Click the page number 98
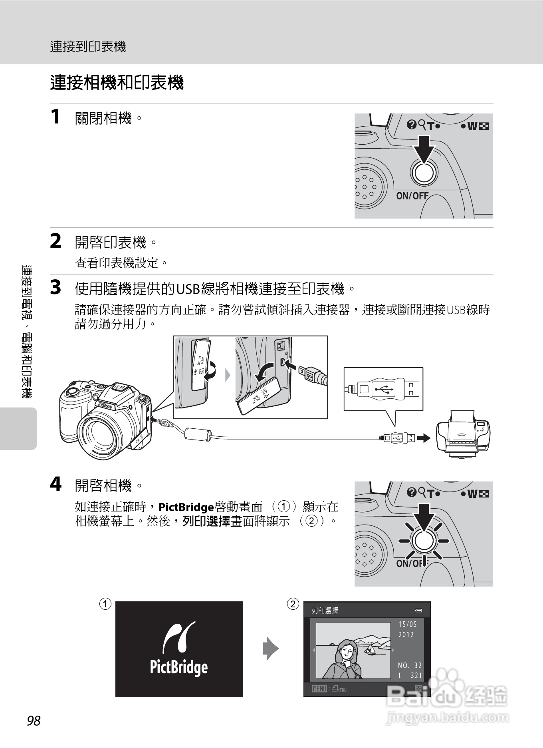pyautogui.click(x=34, y=720)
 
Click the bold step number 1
pyautogui.click(x=55, y=117)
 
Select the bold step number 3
pyautogui.click(x=55, y=287)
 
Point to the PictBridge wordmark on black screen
pyautogui.click(x=178, y=667)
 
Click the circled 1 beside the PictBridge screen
pyautogui.click(x=105, y=604)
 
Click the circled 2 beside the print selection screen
pyautogui.click(x=293, y=604)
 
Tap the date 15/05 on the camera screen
pyautogui.click(x=407, y=624)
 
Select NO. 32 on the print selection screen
pyautogui.click(x=410, y=665)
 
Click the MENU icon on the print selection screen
pyautogui.click(x=319, y=689)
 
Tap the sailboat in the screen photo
pyautogui.click(x=371, y=649)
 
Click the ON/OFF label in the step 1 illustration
pyautogui.click(x=412, y=196)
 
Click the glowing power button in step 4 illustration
pyautogui.click(x=424, y=541)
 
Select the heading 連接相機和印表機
pyautogui.click(x=117, y=83)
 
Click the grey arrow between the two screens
pyautogui.click(x=271, y=648)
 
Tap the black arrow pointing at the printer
pyautogui.click(x=424, y=438)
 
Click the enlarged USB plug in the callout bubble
pyautogui.click(x=383, y=389)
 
